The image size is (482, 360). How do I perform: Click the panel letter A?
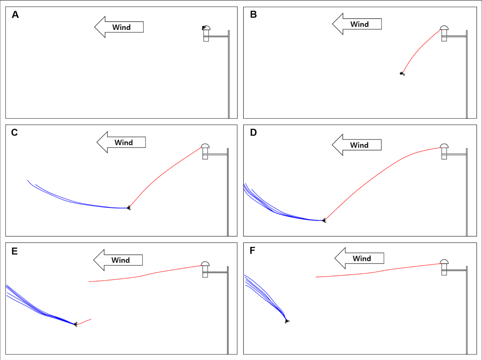[15, 15]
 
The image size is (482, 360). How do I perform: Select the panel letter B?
[253, 15]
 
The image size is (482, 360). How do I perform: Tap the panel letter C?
[14, 132]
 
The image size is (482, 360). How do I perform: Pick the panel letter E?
[14, 251]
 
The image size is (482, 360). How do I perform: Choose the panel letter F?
[253, 251]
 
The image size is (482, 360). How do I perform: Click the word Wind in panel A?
[121, 27]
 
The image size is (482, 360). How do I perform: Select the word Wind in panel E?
[120, 260]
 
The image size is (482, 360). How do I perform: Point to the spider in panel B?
[402, 74]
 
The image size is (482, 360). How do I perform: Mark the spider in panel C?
[129, 207]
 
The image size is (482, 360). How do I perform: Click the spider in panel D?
[324, 220]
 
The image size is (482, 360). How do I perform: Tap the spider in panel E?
[76, 324]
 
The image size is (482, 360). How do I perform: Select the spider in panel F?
[287, 320]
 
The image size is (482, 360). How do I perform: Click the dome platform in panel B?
[444, 29]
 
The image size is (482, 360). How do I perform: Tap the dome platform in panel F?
[444, 262]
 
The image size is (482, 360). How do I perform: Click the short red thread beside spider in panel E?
[85, 321]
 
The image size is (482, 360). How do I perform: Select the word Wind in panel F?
[361, 259]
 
